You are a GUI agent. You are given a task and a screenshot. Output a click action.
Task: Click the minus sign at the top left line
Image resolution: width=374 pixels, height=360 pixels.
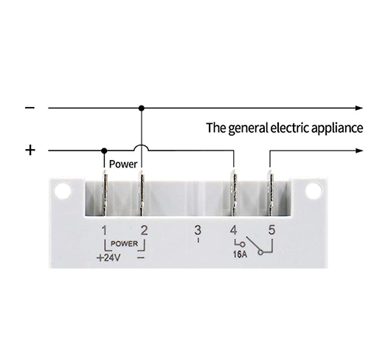[x=30, y=108]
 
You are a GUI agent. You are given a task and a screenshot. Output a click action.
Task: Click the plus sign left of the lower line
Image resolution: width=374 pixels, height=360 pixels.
[x=30, y=150]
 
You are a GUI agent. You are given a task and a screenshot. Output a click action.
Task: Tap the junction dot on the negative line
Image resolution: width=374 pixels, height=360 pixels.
[x=142, y=108]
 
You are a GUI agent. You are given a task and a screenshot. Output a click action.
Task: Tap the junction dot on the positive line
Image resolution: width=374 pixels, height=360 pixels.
[x=104, y=150]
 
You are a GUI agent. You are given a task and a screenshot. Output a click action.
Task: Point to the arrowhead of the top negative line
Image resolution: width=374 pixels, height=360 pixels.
[x=359, y=108]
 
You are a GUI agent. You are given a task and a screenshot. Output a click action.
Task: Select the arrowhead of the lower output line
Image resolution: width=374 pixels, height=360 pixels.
[x=359, y=150]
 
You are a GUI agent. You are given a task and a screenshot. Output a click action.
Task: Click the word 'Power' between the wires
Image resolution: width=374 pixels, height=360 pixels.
[x=123, y=164]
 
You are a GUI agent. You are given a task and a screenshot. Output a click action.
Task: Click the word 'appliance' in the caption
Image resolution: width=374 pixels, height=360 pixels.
[x=337, y=128]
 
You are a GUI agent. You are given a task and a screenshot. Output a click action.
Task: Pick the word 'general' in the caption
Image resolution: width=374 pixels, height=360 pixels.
[x=248, y=128]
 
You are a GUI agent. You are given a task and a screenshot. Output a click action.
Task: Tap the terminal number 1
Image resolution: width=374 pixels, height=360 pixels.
[x=105, y=230]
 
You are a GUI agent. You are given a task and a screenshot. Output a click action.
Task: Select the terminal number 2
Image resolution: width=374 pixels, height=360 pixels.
[x=144, y=230]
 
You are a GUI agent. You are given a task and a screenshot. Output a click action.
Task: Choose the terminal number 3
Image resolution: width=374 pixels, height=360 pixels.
[x=198, y=230]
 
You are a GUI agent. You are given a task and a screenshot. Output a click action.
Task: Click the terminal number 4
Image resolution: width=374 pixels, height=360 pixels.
[x=234, y=230]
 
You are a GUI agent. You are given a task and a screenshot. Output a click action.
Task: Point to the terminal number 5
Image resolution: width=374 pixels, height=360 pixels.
[x=271, y=230]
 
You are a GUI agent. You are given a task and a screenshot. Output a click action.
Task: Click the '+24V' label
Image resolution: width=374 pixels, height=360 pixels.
[x=108, y=258]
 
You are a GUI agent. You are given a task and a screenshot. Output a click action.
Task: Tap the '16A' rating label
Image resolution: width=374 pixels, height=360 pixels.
[x=240, y=255]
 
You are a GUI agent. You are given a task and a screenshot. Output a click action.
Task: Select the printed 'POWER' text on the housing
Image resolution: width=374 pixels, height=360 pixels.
[x=125, y=243]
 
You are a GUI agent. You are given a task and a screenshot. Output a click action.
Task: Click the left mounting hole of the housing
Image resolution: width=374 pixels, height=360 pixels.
[x=63, y=191]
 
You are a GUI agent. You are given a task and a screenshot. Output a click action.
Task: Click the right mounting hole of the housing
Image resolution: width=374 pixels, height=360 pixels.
[x=314, y=191]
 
